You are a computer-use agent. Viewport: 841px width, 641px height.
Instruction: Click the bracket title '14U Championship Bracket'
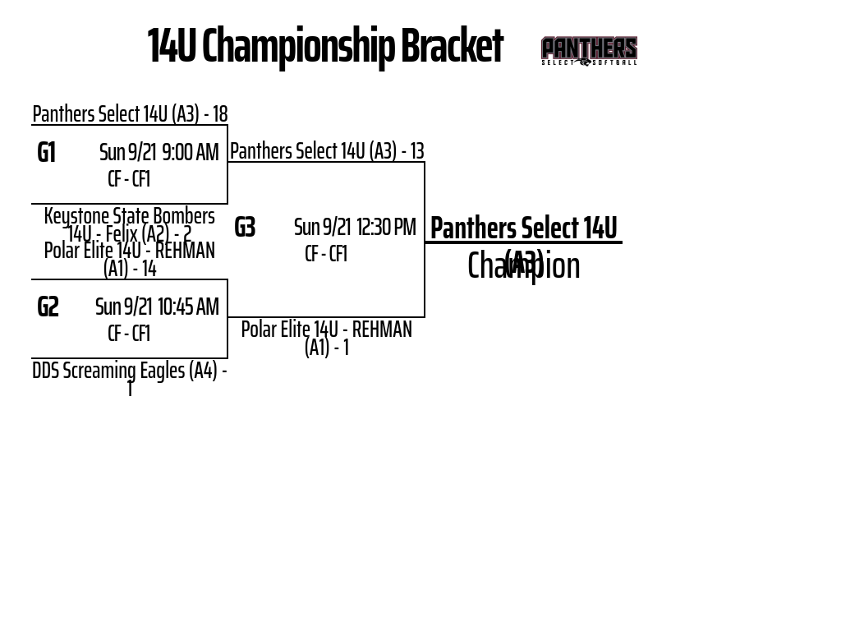(x=324, y=46)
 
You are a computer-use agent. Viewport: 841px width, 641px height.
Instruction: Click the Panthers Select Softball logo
(x=589, y=51)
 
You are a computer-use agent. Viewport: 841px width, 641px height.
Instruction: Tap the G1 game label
(x=47, y=153)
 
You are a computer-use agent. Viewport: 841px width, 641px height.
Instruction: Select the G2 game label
(x=48, y=307)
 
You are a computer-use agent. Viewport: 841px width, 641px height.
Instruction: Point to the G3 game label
(x=245, y=228)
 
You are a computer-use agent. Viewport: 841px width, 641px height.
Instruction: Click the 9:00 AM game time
(x=191, y=153)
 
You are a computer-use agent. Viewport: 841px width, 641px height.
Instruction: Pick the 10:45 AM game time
(x=188, y=307)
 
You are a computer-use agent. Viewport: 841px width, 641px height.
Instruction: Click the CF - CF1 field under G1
(x=129, y=179)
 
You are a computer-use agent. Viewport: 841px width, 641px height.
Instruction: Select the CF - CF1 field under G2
(x=129, y=334)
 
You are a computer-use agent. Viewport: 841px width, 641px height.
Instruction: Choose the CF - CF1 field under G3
(x=326, y=254)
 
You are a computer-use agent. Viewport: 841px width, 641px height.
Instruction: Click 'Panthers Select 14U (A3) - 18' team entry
(x=130, y=113)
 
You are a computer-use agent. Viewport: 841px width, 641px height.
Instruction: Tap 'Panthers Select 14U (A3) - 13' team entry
(x=327, y=151)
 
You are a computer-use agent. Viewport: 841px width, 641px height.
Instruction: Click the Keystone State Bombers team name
(x=129, y=216)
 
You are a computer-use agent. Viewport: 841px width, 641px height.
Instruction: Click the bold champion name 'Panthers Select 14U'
(x=523, y=228)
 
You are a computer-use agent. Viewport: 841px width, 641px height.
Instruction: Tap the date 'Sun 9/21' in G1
(x=127, y=153)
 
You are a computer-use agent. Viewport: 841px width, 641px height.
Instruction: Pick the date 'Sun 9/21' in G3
(x=322, y=228)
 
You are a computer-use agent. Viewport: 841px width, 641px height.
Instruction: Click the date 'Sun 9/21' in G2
(x=123, y=307)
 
